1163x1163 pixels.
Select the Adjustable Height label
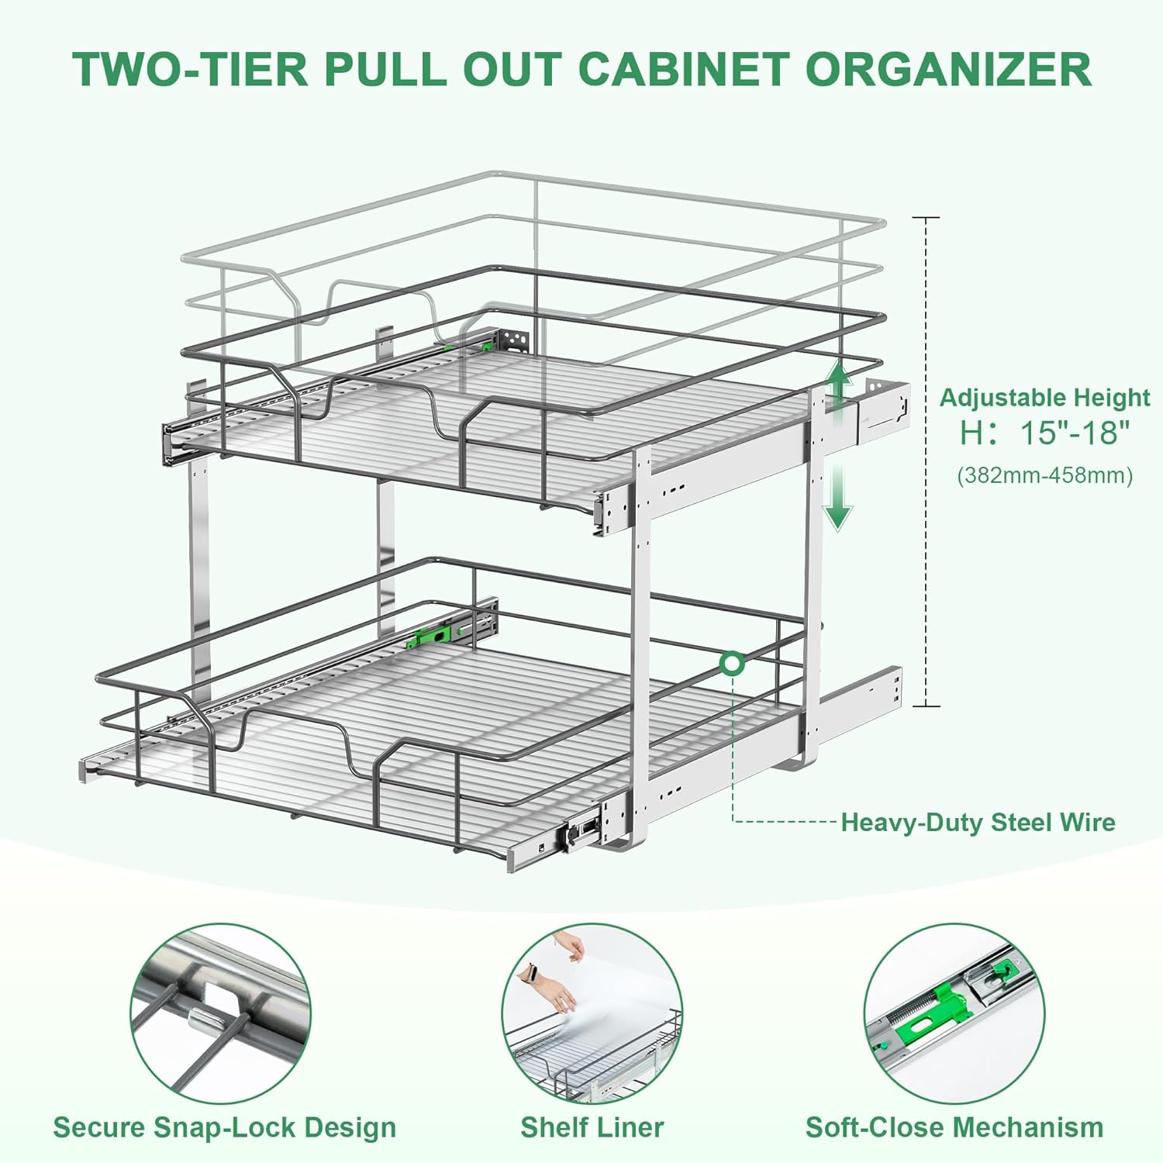pyautogui.click(x=1044, y=397)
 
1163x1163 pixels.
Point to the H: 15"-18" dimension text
pyautogui.click(x=1044, y=433)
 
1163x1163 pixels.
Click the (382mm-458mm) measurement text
pyautogui.click(x=1044, y=475)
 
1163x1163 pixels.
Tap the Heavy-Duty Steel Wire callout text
pyautogui.click(x=978, y=822)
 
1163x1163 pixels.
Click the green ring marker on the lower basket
pyautogui.click(x=732, y=664)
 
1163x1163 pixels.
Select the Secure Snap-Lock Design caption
pyautogui.click(x=224, y=1127)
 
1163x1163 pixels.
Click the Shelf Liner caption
pyautogui.click(x=592, y=1127)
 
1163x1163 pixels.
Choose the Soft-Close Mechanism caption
pyautogui.click(x=954, y=1127)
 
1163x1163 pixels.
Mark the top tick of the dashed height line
pyautogui.click(x=926, y=218)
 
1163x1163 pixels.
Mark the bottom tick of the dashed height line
pyautogui.click(x=926, y=706)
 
